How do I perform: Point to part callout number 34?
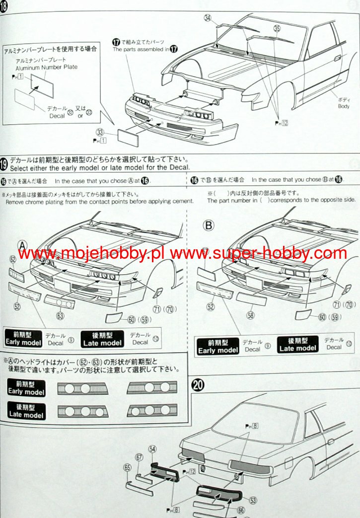coord(208,18)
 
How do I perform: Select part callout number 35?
coord(277,29)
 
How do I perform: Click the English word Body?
coord(344,106)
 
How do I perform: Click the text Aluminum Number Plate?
coord(46,67)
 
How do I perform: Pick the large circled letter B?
coord(209,225)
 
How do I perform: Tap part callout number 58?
coord(250,315)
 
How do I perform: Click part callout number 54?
coord(152,449)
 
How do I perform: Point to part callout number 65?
coord(128,467)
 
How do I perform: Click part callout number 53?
coord(253,500)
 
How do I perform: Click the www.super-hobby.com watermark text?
coord(258,253)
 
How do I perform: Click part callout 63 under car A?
coord(61,315)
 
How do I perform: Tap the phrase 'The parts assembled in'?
coord(141,50)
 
